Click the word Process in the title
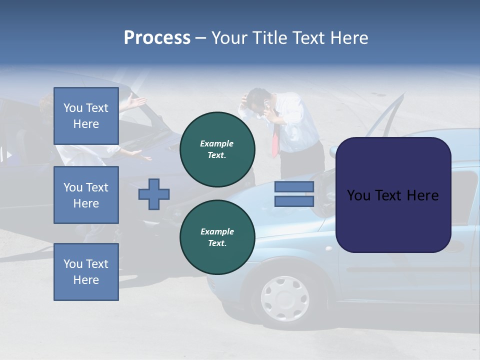(157, 38)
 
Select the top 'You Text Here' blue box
(86, 116)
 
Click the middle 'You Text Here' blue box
(86, 195)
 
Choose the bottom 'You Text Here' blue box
(86, 272)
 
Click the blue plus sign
(154, 194)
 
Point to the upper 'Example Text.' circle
(217, 149)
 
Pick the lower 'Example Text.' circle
(217, 237)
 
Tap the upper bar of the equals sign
(294, 186)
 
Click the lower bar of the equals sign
(294, 201)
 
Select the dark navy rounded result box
(393, 195)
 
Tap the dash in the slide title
(200, 38)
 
